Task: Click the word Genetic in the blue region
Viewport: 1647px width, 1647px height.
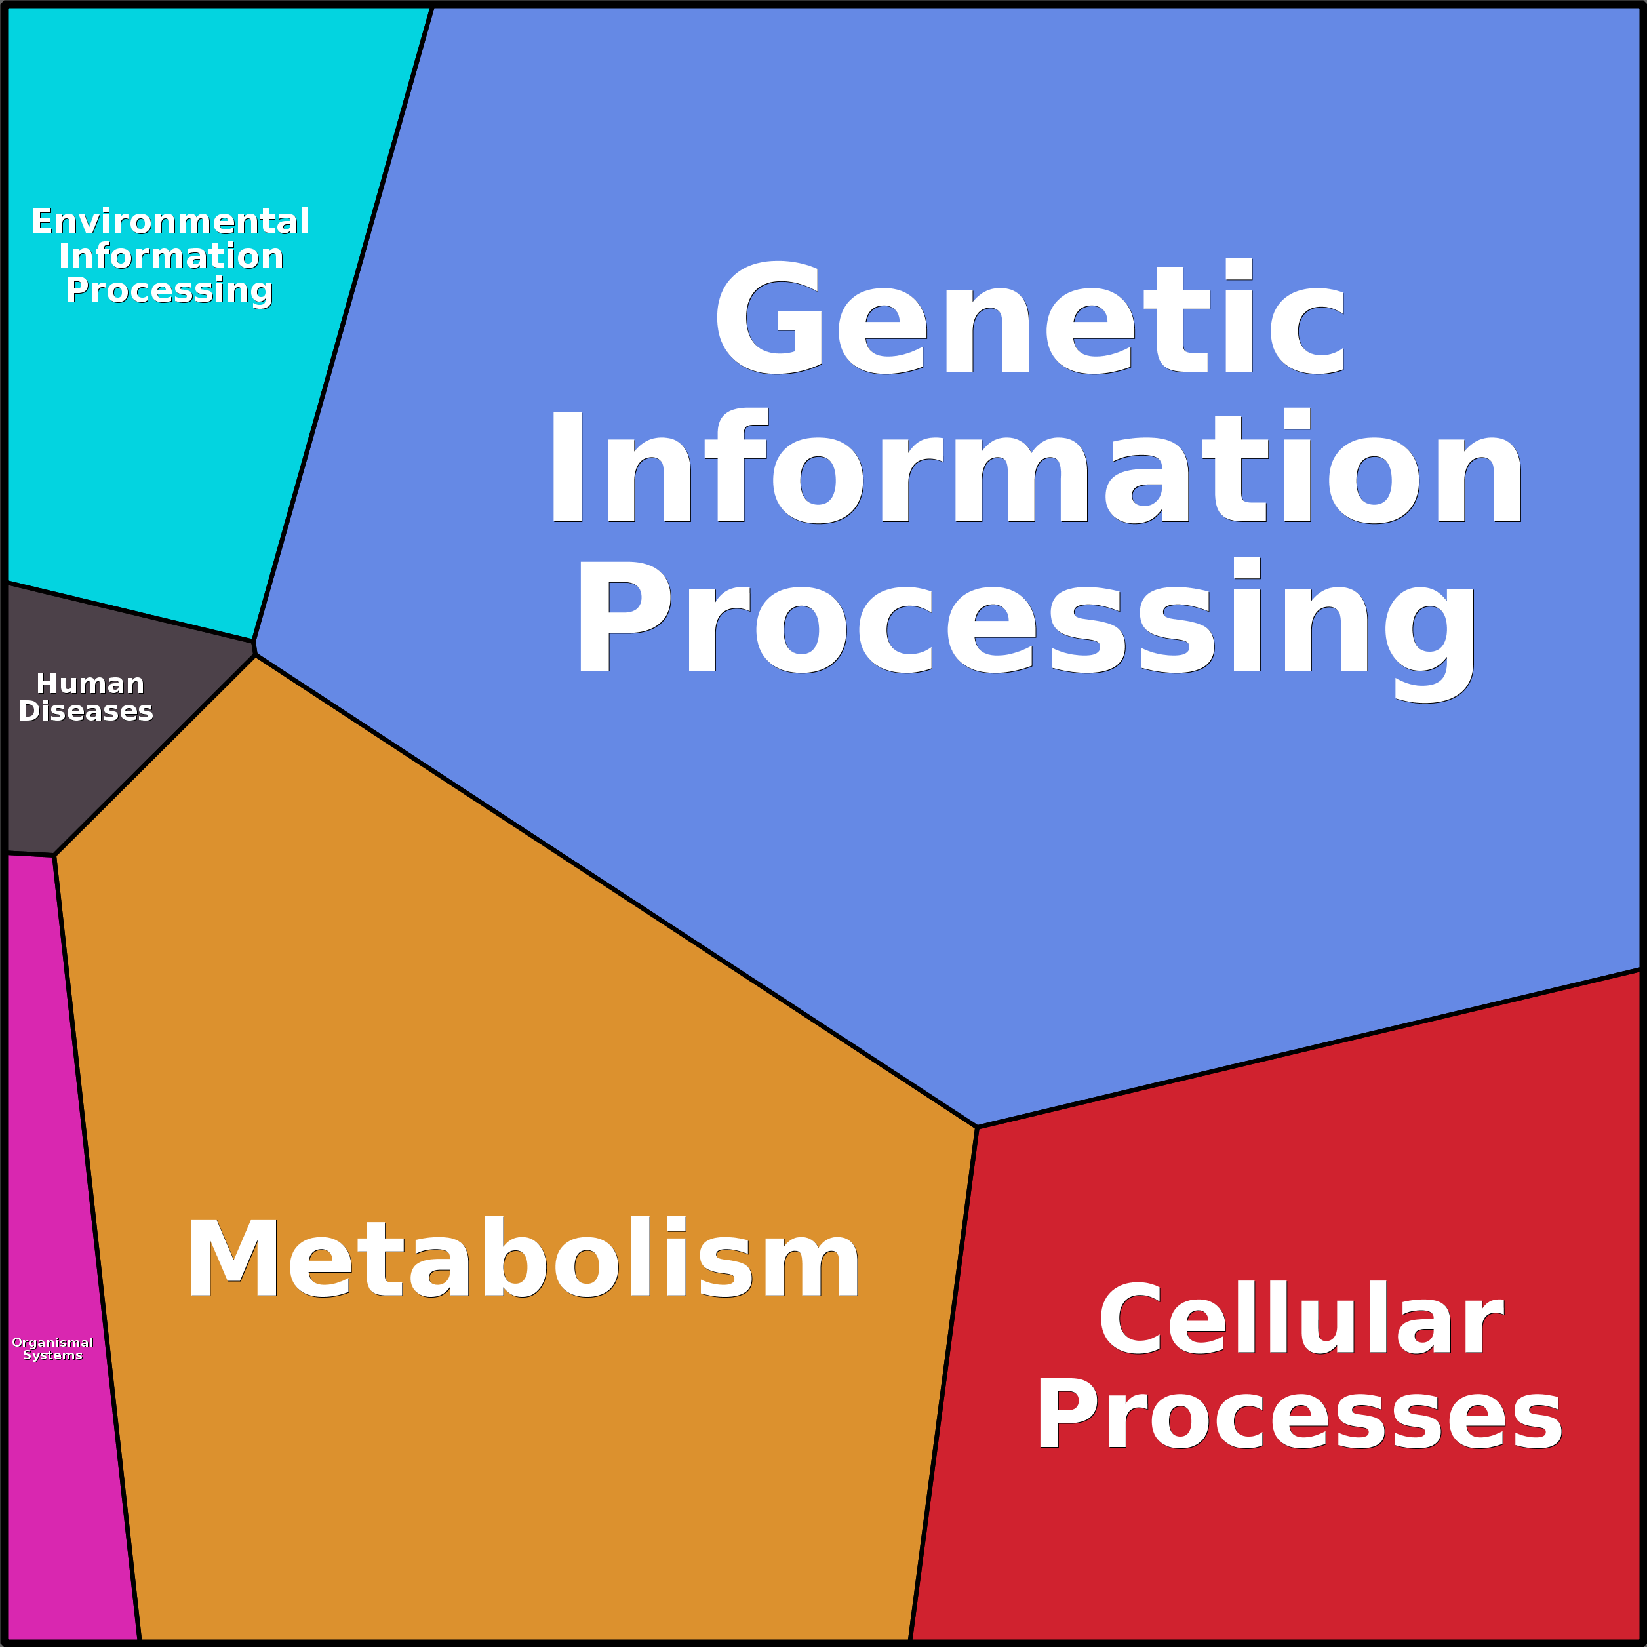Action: pyautogui.click(x=1030, y=317)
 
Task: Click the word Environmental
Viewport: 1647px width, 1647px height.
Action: pyautogui.click(x=170, y=222)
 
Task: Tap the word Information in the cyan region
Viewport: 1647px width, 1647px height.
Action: pyautogui.click(x=170, y=256)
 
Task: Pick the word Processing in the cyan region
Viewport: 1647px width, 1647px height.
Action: pyautogui.click(x=169, y=290)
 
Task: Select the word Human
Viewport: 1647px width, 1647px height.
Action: pyautogui.click(x=90, y=684)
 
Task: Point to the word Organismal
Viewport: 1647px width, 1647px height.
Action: pyautogui.click(x=53, y=1343)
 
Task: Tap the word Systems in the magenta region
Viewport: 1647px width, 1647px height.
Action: pyautogui.click(x=53, y=1355)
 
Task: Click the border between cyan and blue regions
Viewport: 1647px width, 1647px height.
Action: pyautogui.click(x=343, y=324)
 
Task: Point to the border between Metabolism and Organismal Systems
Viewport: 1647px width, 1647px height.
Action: pyautogui.click(x=96, y=1244)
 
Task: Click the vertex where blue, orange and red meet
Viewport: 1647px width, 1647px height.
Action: pyautogui.click(x=977, y=1127)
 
